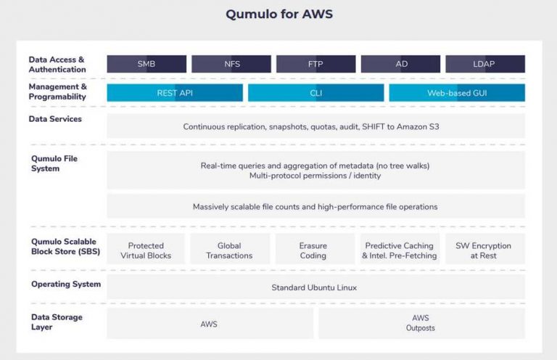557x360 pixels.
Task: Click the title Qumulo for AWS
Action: coord(278,14)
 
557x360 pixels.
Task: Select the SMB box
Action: coord(147,64)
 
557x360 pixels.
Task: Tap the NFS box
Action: coord(231,64)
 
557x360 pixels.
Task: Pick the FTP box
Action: coord(315,64)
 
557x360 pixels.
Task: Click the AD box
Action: coord(400,64)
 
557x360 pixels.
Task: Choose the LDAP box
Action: coord(484,64)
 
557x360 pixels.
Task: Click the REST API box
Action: coord(175,93)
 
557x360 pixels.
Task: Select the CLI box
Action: coord(315,93)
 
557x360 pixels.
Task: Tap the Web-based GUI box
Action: coord(457,93)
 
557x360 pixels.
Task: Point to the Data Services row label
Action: coord(56,119)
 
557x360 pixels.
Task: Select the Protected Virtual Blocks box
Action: coord(146,250)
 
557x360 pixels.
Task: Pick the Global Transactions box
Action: coord(229,250)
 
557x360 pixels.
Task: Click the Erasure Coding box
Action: coord(313,250)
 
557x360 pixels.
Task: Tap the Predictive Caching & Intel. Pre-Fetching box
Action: coord(399,250)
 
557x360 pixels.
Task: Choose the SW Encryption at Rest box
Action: coord(483,250)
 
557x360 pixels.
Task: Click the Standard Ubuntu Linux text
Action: coord(314,287)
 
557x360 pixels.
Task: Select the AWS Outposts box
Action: coord(421,323)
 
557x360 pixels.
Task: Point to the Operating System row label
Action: coord(66,284)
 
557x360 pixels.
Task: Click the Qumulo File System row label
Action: coord(54,163)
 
